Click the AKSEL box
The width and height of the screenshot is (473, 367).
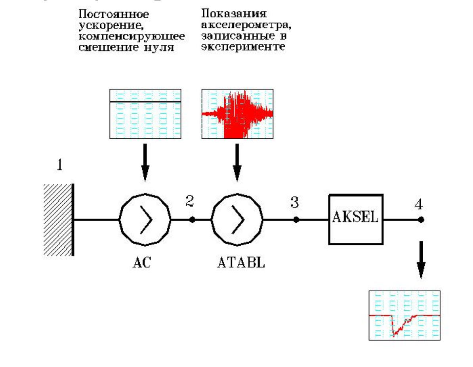coord(356,219)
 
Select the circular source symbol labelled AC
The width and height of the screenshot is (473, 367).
coord(145,219)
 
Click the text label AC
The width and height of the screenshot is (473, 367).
coord(141,263)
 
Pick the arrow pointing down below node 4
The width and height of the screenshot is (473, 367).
coord(421,260)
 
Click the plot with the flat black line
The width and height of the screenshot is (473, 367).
coord(145,114)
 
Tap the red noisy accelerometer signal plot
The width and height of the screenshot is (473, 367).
coord(237,114)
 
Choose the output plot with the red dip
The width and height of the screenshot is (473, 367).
coord(404,315)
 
